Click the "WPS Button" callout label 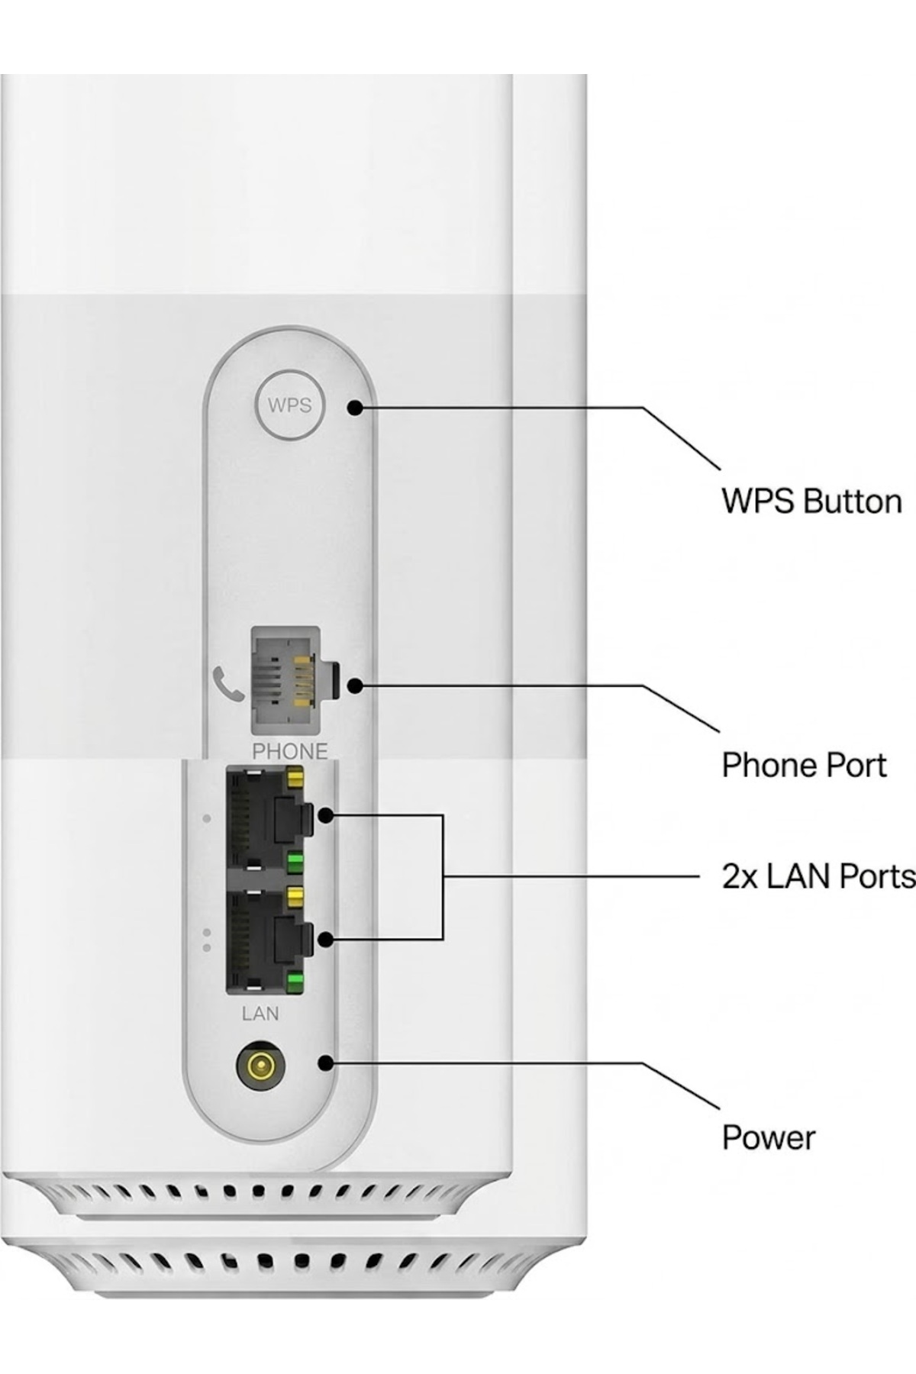(x=811, y=502)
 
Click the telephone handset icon (x=228, y=683)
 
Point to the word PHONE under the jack (x=290, y=751)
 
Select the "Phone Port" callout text (x=804, y=765)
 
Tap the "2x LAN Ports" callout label (x=818, y=876)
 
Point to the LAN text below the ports (x=260, y=1014)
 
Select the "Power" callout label (x=769, y=1137)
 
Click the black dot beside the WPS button (x=354, y=408)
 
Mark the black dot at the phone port (x=354, y=685)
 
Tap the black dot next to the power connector (x=326, y=1063)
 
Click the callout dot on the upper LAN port (x=326, y=816)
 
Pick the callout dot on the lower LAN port (x=326, y=939)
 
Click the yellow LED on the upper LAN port (x=295, y=778)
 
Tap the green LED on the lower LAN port (x=295, y=982)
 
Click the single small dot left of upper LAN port (x=206, y=819)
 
